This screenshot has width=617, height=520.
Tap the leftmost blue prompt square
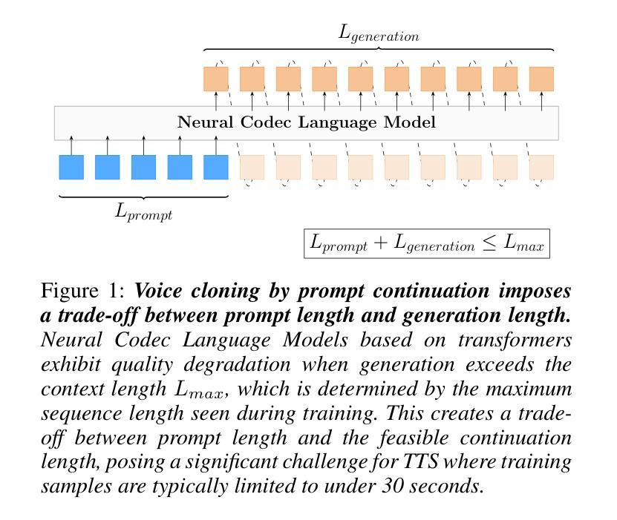[71, 167]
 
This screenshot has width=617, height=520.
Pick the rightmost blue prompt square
[216, 167]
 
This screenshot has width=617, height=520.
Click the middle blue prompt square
[143, 167]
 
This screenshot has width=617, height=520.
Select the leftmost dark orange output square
[216, 79]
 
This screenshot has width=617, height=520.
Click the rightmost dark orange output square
[541, 79]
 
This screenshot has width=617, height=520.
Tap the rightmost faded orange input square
[541, 167]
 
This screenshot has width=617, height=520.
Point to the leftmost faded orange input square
[252, 167]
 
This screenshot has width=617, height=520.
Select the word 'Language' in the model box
[338, 122]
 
